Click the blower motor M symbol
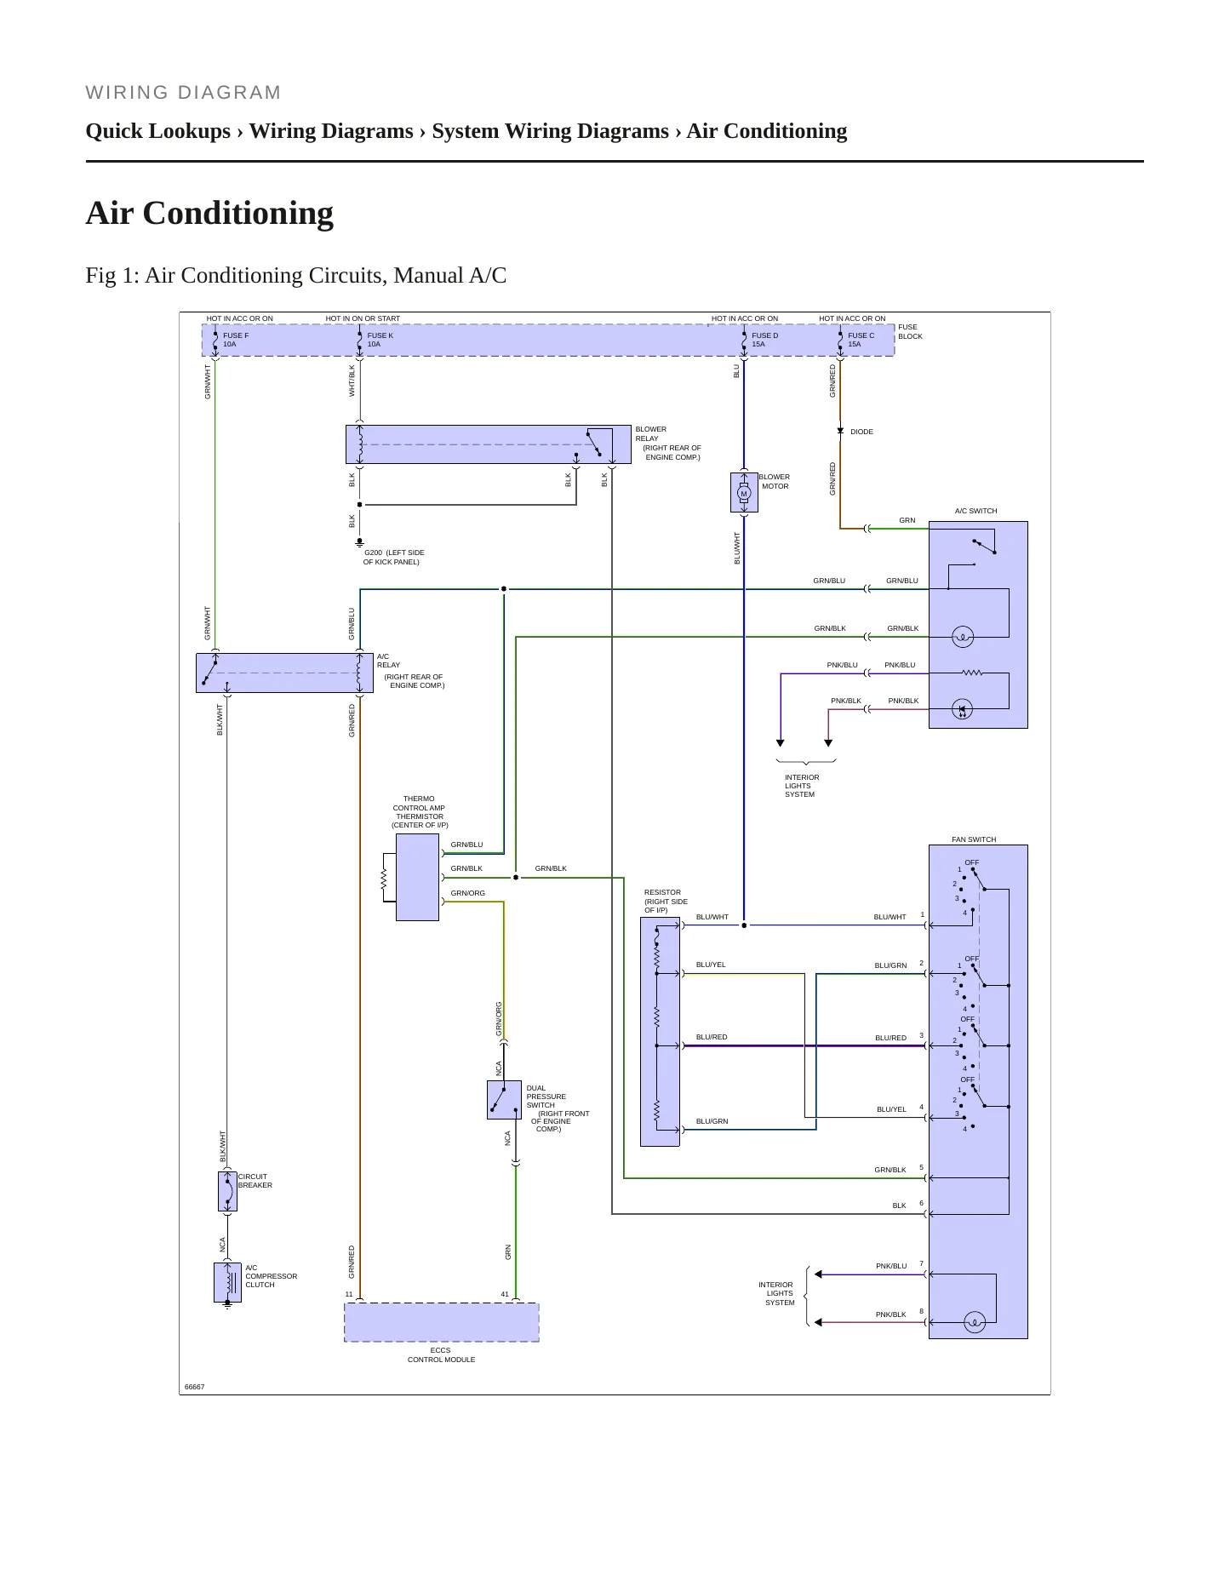click(744, 493)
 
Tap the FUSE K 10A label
click(380, 340)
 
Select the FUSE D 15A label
click(764, 340)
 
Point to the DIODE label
click(861, 432)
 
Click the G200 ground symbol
click(359, 541)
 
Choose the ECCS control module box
click(442, 1322)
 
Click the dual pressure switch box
click(504, 1100)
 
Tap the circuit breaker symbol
click(227, 1191)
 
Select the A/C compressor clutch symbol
click(227, 1283)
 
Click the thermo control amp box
click(417, 877)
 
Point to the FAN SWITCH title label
click(974, 839)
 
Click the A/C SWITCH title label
click(975, 511)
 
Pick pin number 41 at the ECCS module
click(505, 1294)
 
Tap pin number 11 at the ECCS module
click(349, 1294)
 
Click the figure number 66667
click(195, 1387)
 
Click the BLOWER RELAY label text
click(651, 434)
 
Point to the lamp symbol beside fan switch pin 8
click(975, 1323)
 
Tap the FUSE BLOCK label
click(910, 331)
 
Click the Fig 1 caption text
click(296, 276)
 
